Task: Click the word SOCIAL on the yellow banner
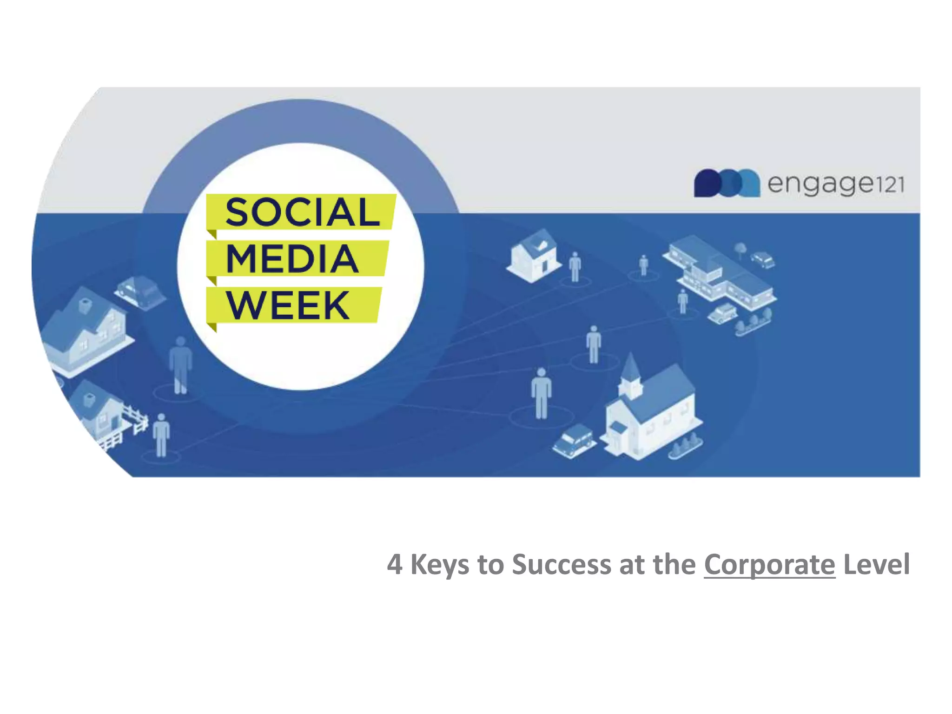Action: pyautogui.click(x=302, y=212)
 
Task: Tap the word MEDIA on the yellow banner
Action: pyautogui.click(x=292, y=258)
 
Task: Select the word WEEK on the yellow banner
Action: pyautogui.click(x=288, y=305)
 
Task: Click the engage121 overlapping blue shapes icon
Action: pyautogui.click(x=726, y=183)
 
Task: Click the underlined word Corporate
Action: pyautogui.click(x=769, y=565)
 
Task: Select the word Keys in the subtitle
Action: pyautogui.click(x=439, y=565)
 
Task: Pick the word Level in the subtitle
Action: pyautogui.click(x=876, y=565)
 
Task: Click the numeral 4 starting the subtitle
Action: pyautogui.click(x=395, y=565)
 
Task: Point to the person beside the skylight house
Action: pyautogui.click(x=575, y=267)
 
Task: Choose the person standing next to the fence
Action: pyautogui.click(x=161, y=435)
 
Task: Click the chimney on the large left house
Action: pyautogui.click(x=85, y=305)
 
